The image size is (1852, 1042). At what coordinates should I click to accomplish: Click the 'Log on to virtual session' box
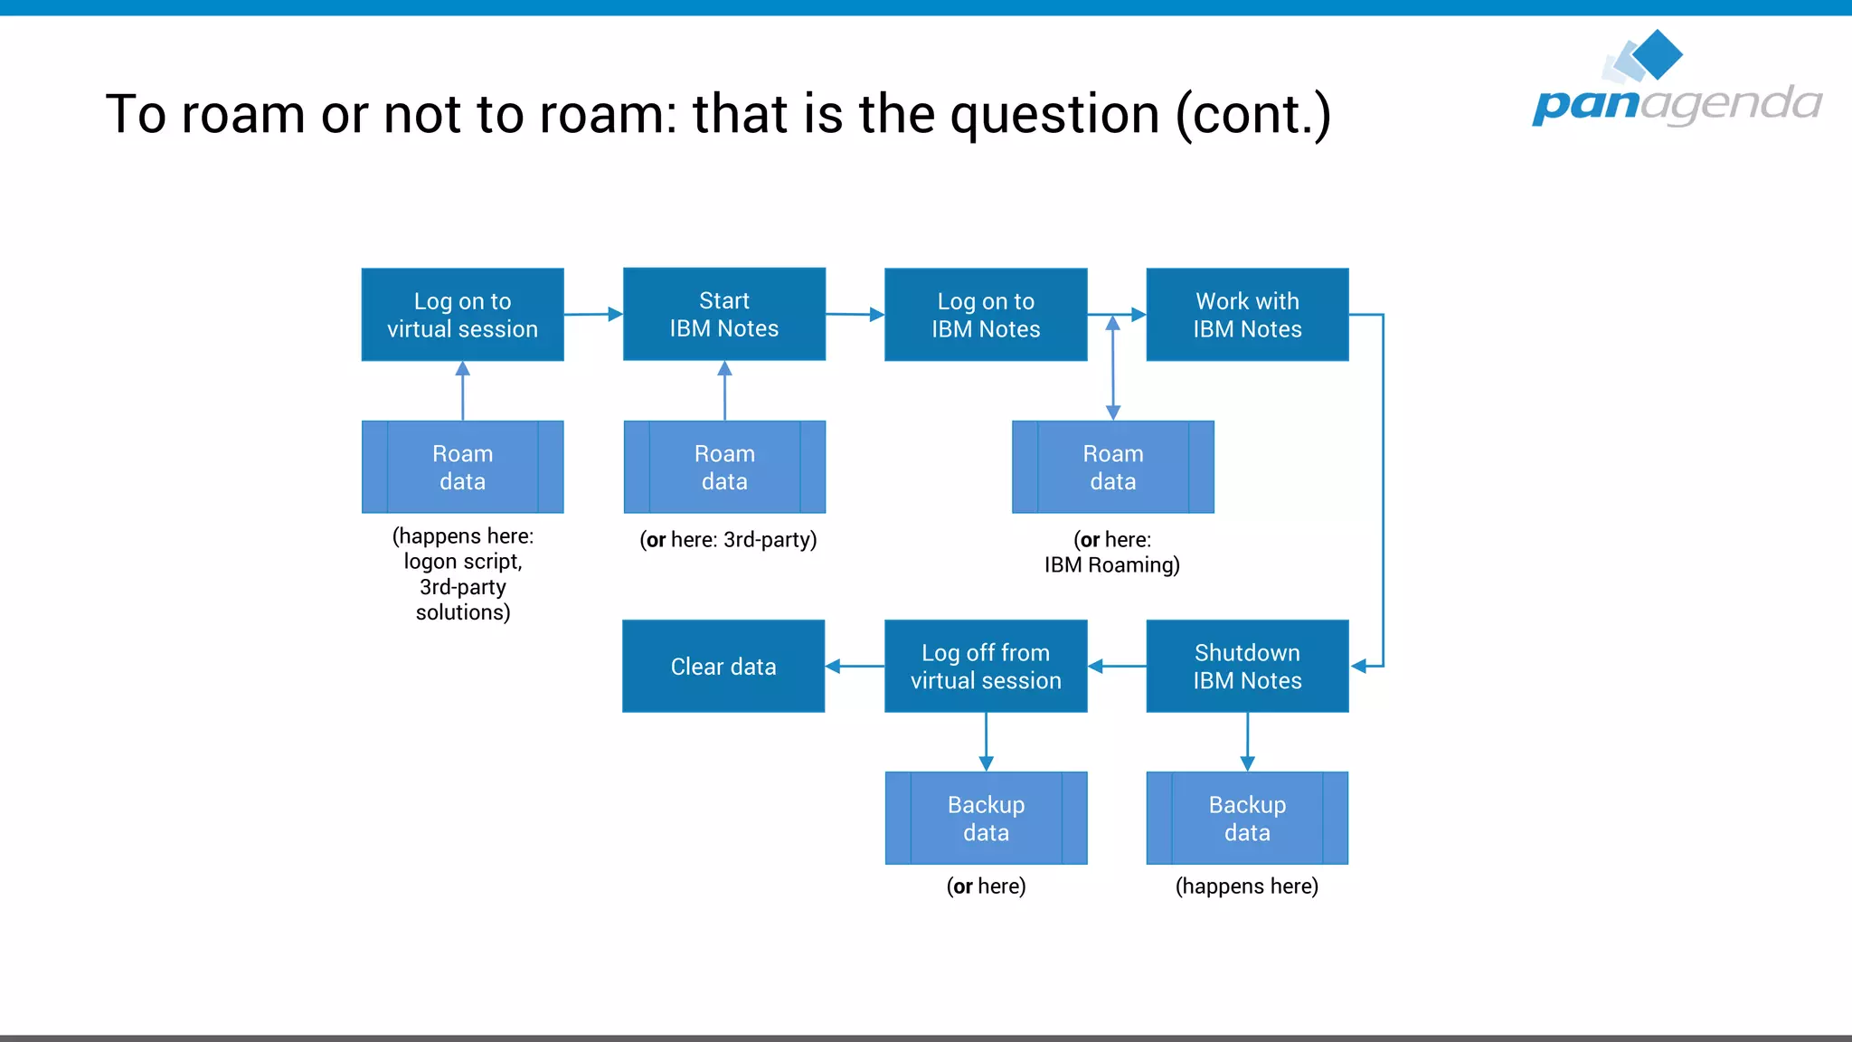462,315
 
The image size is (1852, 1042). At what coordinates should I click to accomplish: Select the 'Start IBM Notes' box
723,314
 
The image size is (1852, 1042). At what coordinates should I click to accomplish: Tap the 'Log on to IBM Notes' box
986,315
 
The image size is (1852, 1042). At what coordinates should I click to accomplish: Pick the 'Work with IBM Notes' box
1247,315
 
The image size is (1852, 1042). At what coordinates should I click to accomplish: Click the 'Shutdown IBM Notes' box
1247,666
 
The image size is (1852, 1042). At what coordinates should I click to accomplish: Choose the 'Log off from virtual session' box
986,666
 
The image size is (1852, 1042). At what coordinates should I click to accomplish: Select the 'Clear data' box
723,666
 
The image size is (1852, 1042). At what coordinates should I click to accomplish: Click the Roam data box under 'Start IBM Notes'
724,467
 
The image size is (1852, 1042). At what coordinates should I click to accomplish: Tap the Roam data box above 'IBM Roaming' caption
1113,467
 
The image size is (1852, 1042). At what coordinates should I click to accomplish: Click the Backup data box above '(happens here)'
1247,818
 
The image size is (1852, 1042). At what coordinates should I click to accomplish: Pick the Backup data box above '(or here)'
986,818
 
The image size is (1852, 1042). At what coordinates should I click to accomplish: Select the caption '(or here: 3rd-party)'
728,540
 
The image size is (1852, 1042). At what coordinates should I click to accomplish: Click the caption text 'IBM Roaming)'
1111,565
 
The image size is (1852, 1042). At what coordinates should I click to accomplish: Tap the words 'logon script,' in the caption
462,562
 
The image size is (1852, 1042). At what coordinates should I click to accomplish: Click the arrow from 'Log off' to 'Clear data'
855,666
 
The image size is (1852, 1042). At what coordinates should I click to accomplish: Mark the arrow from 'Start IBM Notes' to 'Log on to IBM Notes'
855,315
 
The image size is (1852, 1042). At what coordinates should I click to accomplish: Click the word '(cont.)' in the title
1253,115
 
